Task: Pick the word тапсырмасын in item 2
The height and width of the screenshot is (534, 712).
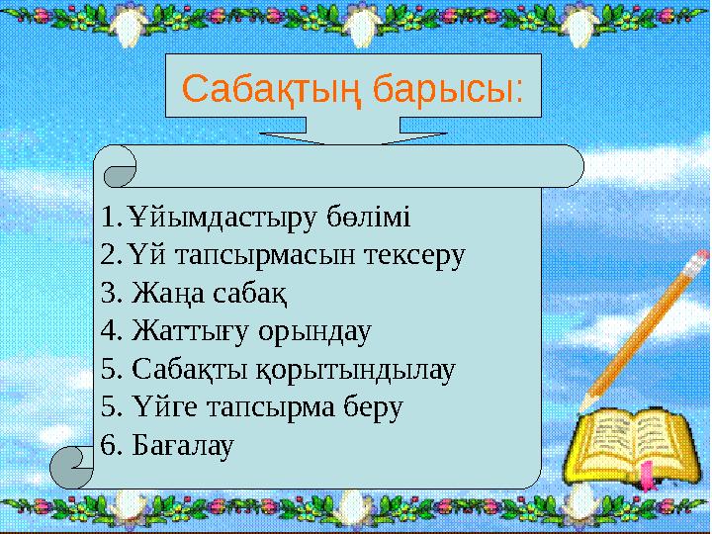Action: coord(269,254)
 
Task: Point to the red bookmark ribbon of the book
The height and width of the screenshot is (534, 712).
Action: coord(646,473)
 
